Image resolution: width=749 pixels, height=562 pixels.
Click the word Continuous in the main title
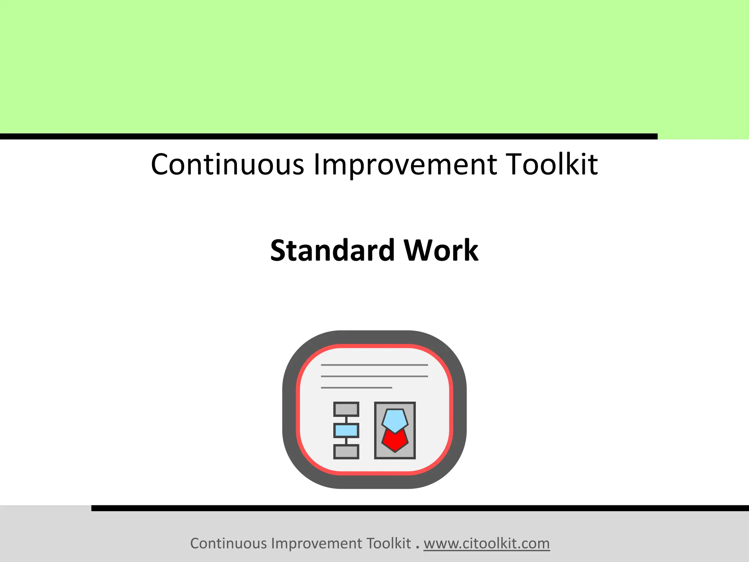coord(227,164)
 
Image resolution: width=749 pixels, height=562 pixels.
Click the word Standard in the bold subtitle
coord(333,250)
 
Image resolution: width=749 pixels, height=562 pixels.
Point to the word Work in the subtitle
coord(441,250)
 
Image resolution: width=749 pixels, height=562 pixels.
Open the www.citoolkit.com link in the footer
coord(486,543)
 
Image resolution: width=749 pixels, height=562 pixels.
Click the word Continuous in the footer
coord(228,543)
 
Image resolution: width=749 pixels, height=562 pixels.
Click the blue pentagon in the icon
coord(395,420)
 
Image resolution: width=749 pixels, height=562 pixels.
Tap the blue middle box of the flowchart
coord(346,430)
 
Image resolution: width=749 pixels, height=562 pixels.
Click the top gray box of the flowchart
coord(346,409)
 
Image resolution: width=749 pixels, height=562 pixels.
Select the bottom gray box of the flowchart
coord(346,452)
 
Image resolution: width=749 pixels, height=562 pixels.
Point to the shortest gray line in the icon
coord(356,387)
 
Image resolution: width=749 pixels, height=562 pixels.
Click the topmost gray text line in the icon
coord(374,365)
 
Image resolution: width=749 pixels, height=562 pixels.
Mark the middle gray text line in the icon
coord(374,376)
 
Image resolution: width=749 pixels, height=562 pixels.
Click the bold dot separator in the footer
coord(417,547)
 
